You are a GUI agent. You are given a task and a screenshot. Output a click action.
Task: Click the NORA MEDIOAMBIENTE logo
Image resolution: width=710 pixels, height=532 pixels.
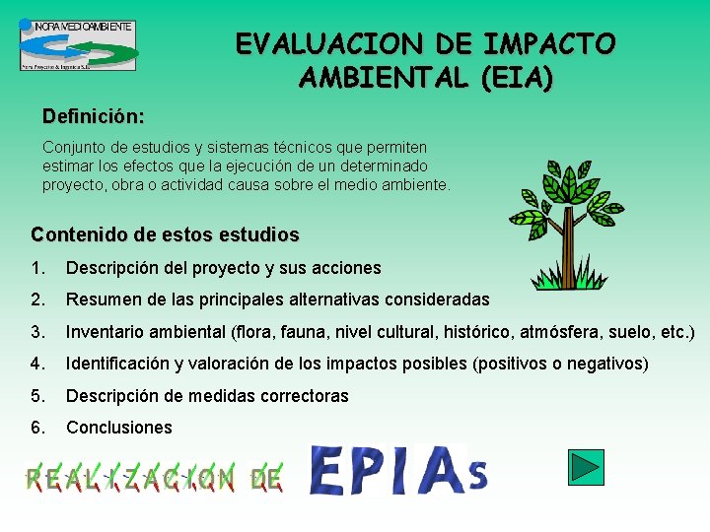78,44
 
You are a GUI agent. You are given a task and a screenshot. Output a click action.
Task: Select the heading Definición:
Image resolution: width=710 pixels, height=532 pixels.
93,116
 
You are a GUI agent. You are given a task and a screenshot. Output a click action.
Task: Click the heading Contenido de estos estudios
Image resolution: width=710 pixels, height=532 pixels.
165,235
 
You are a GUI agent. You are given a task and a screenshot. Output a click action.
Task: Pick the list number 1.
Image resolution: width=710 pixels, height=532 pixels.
37,268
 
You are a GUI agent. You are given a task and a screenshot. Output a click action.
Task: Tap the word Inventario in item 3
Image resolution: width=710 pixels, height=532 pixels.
103,332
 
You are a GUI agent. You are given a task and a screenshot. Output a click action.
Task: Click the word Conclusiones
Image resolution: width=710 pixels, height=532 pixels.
118,428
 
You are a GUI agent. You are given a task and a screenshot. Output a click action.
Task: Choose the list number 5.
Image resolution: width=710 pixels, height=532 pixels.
37,396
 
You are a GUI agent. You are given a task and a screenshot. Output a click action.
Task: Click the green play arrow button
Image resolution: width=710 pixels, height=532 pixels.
587,466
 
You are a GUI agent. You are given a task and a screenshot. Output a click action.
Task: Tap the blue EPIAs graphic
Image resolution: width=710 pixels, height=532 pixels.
398,470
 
